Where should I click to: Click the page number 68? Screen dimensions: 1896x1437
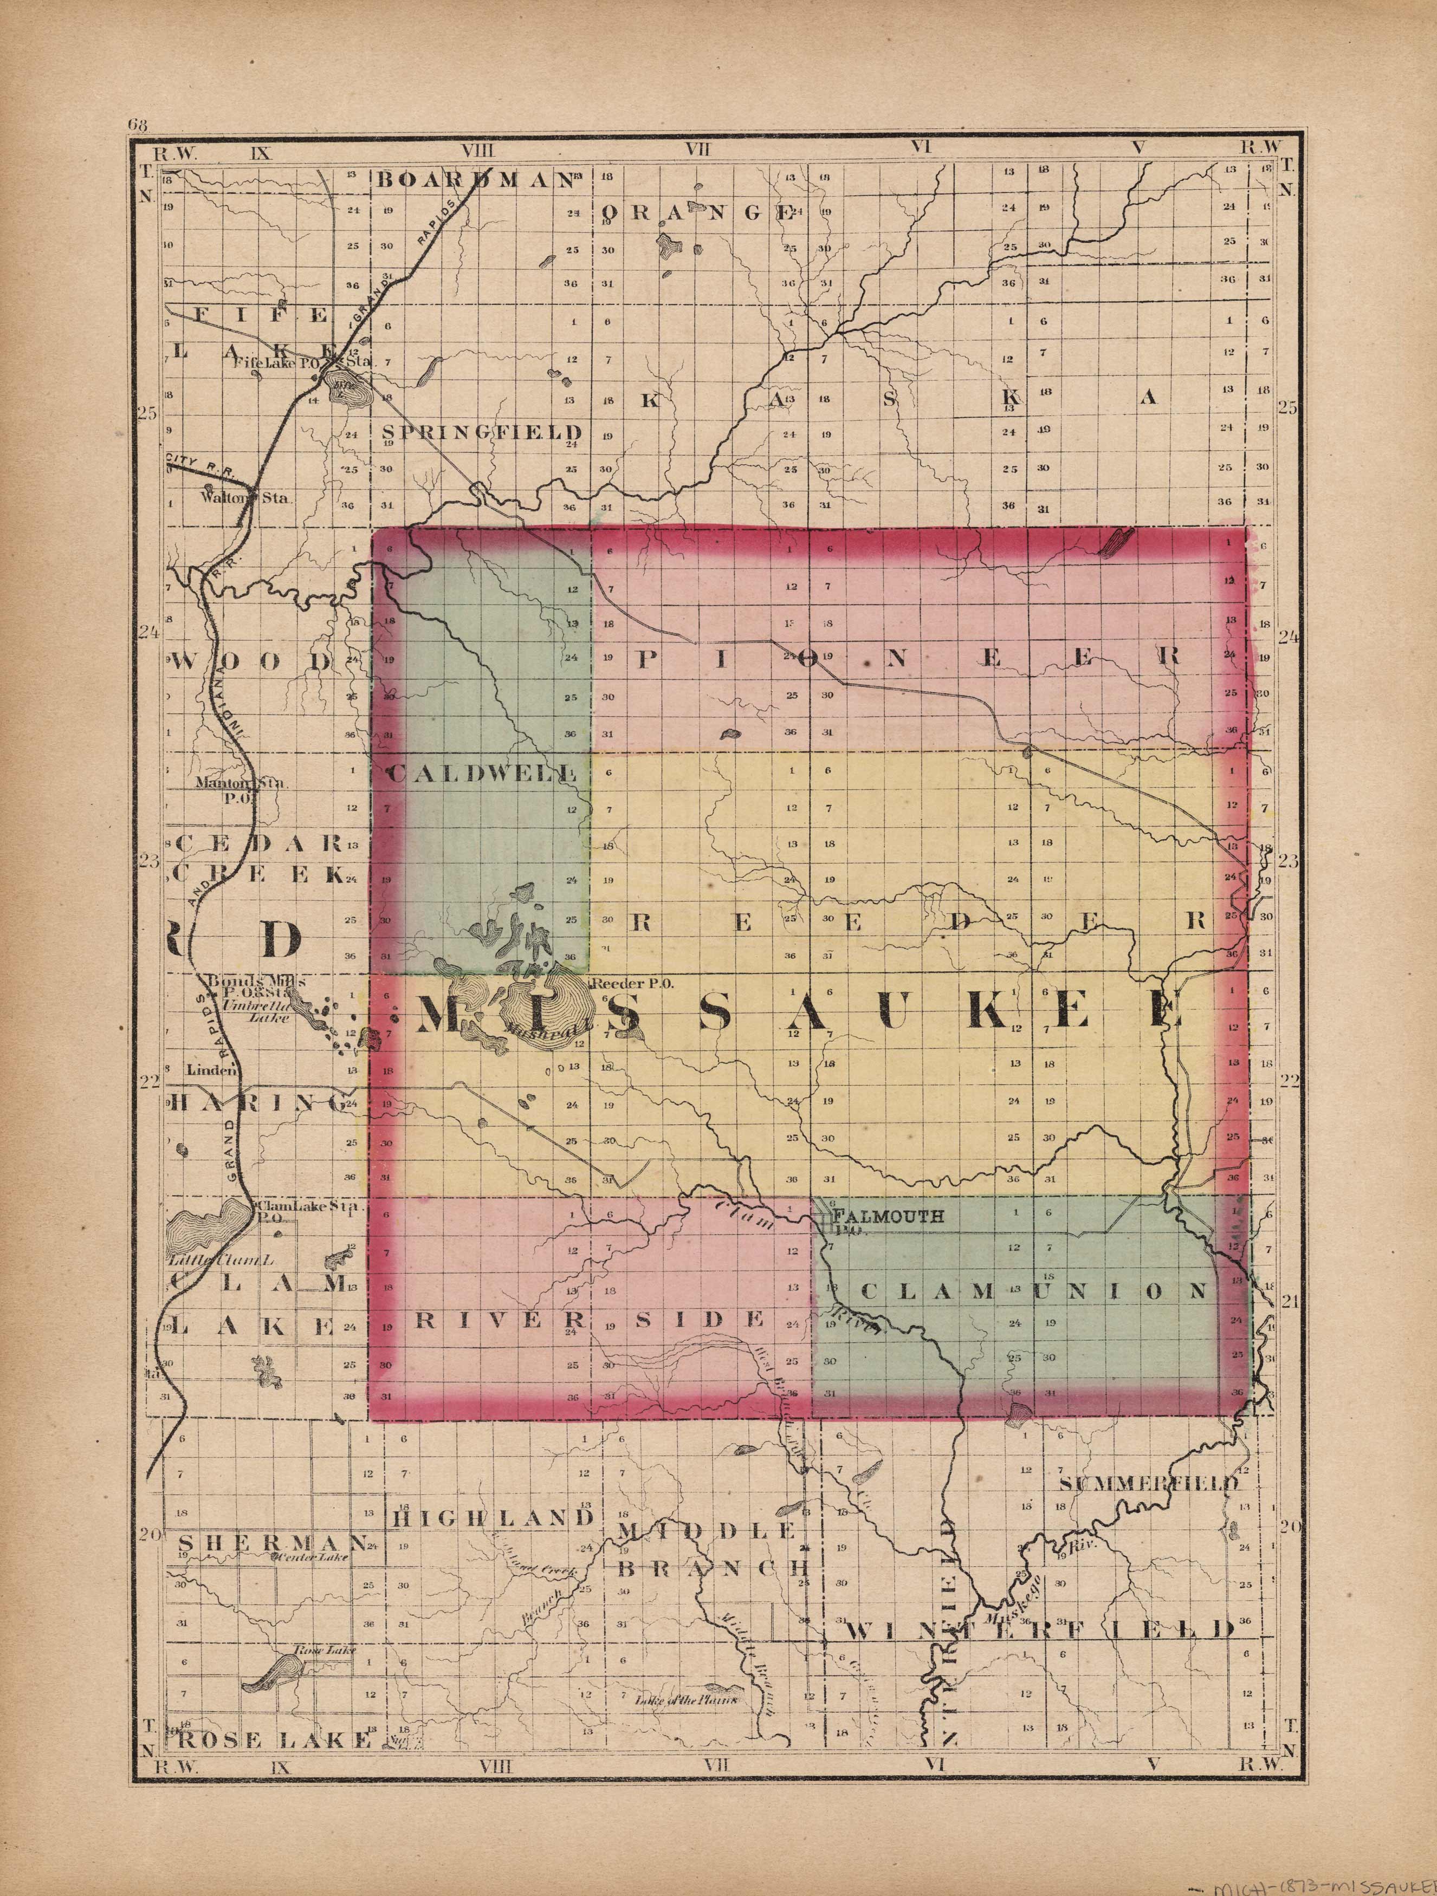(137, 124)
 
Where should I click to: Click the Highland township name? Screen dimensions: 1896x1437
(493, 1518)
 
